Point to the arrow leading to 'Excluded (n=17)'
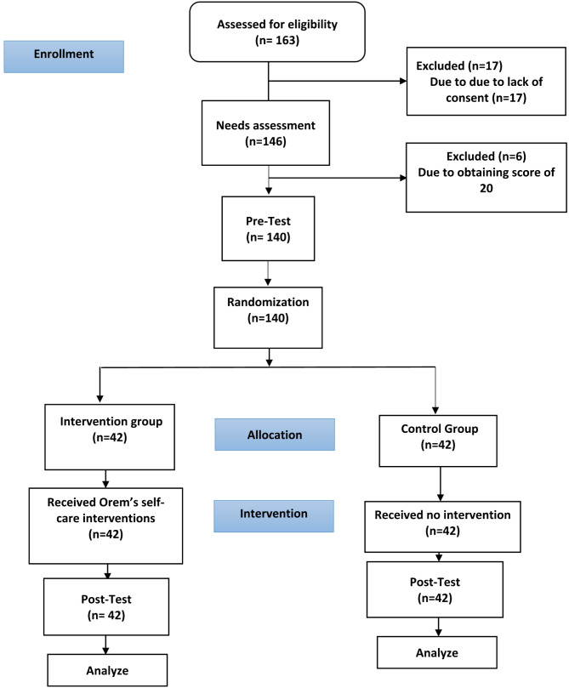[x=340, y=82]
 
